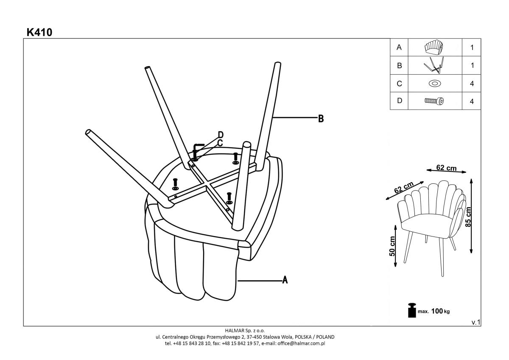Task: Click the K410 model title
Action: (39, 32)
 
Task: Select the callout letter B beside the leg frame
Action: (321, 118)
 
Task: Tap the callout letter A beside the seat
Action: (285, 280)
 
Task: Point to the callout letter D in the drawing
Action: (220, 135)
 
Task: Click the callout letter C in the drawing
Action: (220, 143)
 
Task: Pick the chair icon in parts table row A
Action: (434, 48)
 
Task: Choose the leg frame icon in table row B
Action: (434, 65)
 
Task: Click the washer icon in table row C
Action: (434, 83)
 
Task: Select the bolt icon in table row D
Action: (434, 101)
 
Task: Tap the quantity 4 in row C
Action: (472, 84)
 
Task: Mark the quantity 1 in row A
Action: (472, 48)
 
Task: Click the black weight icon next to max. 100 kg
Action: (411, 310)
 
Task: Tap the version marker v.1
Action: (475, 323)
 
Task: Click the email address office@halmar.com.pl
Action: (301, 343)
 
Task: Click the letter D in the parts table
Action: (399, 101)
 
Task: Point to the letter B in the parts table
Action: (399, 66)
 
